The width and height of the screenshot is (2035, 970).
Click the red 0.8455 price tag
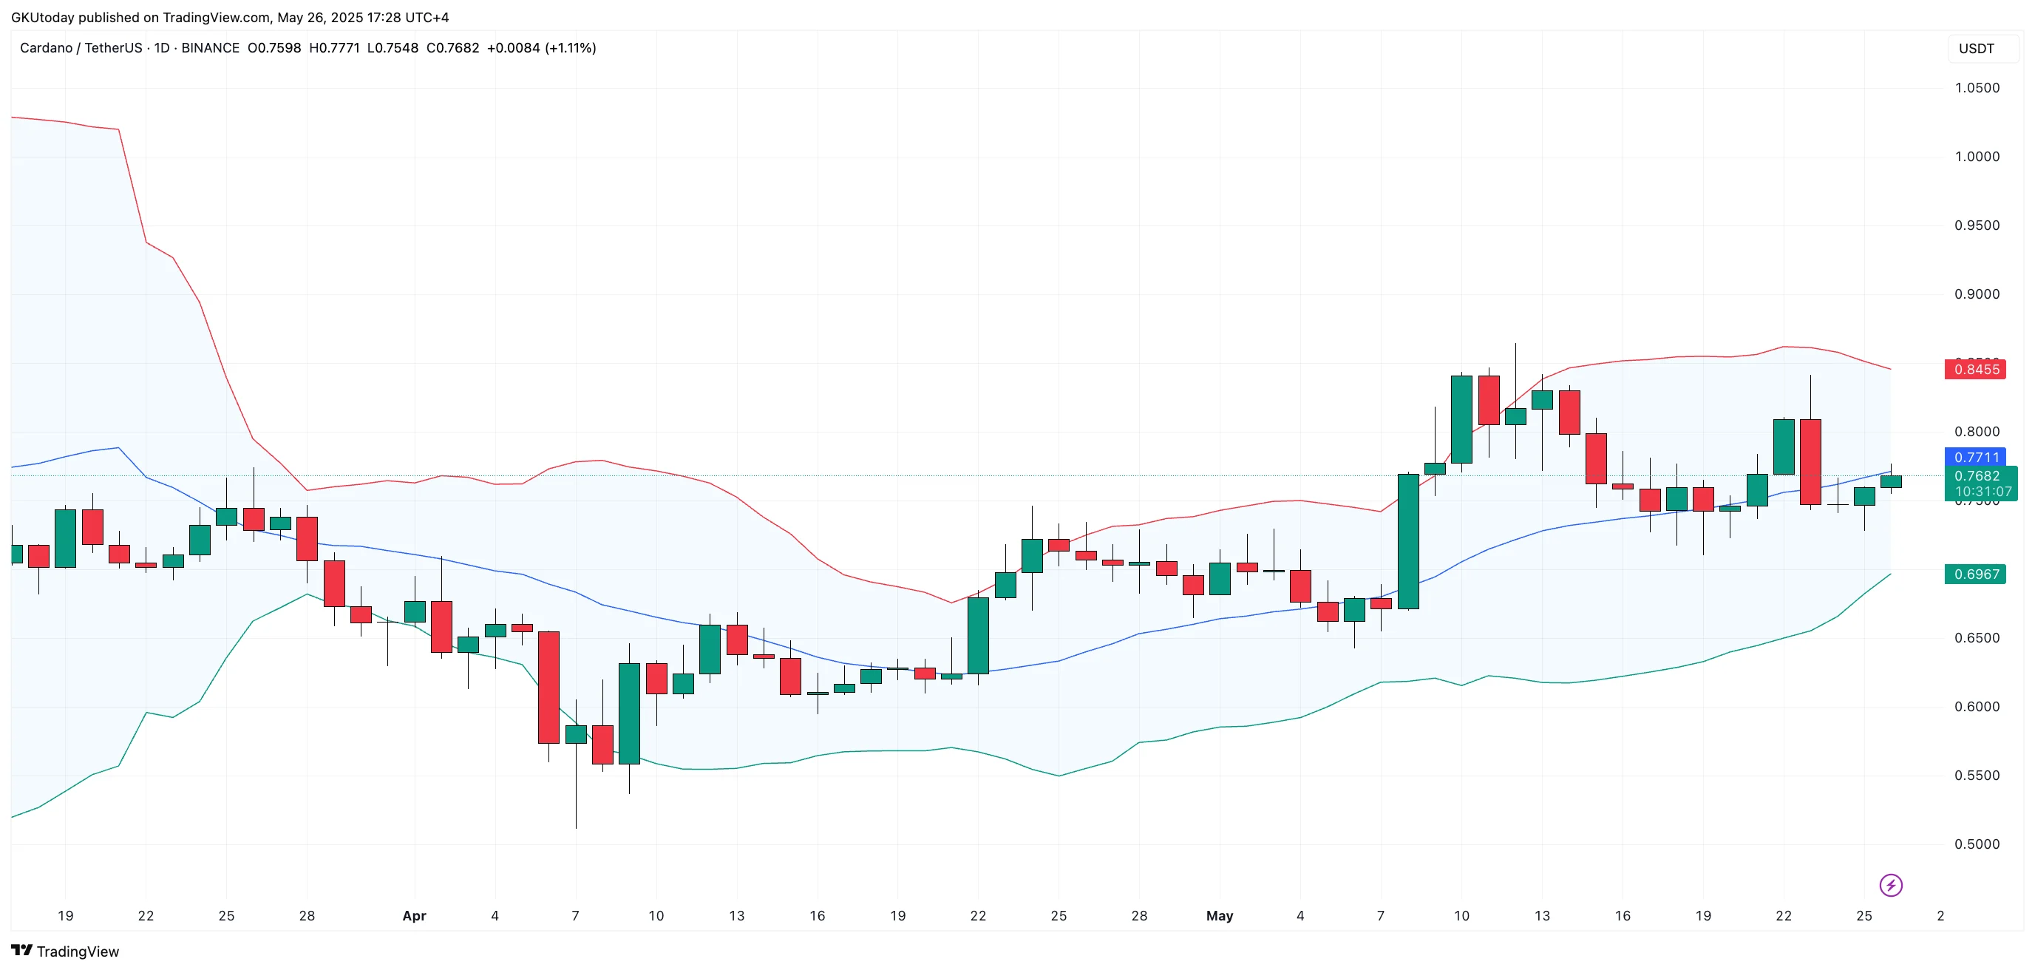(1975, 369)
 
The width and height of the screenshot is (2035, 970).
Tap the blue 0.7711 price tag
(1975, 457)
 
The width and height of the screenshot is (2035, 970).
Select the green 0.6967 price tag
(1975, 574)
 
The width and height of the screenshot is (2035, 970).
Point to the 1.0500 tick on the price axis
(1977, 88)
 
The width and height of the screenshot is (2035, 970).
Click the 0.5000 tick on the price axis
(1977, 844)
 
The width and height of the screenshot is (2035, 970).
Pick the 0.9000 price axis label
(1977, 294)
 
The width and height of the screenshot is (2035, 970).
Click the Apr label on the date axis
(414, 915)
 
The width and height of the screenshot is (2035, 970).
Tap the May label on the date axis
(1219, 915)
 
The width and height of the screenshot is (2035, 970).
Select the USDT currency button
(1976, 48)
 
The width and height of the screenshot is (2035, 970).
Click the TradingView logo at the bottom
(65, 951)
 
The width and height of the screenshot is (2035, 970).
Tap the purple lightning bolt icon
(1890, 885)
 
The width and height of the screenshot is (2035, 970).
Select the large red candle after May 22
(1810, 461)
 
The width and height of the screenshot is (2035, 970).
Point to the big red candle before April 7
(548, 688)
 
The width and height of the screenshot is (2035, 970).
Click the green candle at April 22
(978, 635)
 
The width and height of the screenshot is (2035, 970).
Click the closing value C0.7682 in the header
(452, 48)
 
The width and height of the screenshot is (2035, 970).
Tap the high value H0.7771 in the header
(334, 48)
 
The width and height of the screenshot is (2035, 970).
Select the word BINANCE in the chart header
(210, 48)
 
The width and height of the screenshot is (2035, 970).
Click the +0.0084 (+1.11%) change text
(541, 48)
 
